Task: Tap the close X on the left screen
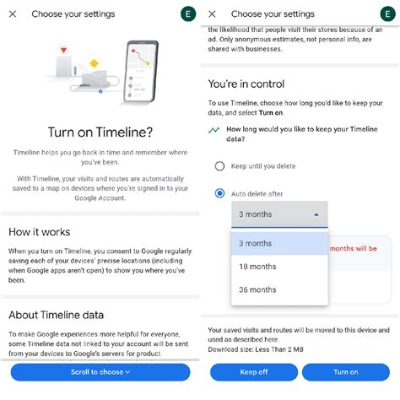[x=12, y=14]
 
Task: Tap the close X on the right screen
[x=212, y=14]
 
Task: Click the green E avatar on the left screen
[x=188, y=14]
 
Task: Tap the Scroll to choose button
[x=99, y=371]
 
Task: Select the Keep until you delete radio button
[x=220, y=166]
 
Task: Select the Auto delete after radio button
[x=220, y=193]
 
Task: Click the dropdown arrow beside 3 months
[x=316, y=214]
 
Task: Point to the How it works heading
[x=39, y=231]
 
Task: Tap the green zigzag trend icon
[x=214, y=130]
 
